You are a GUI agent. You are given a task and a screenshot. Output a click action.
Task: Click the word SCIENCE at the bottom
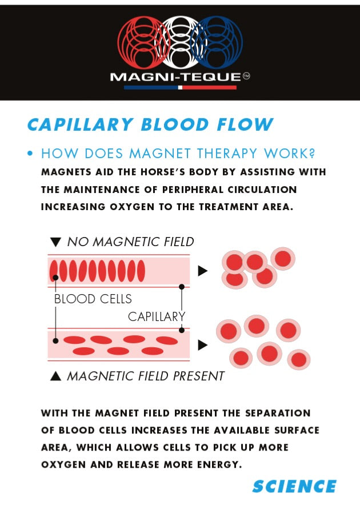point(294,487)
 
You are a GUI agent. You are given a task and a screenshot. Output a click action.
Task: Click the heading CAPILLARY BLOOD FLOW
point(150,125)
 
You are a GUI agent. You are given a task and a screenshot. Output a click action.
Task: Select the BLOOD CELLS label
point(93,299)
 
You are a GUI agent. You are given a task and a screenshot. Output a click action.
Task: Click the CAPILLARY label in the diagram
point(157,316)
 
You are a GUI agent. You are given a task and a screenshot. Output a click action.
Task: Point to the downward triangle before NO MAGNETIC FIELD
point(55,242)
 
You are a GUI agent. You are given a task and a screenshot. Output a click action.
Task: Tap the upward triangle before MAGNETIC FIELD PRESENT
point(55,376)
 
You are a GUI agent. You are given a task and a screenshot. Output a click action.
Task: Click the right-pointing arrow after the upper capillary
point(202,271)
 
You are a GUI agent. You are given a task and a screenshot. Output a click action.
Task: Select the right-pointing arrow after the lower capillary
point(202,345)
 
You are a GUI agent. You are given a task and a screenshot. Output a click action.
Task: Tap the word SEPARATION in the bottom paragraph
point(278,413)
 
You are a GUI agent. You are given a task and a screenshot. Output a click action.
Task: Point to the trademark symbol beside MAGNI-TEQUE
point(247,77)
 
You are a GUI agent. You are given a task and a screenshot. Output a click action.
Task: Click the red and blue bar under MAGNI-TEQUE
point(180,87)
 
